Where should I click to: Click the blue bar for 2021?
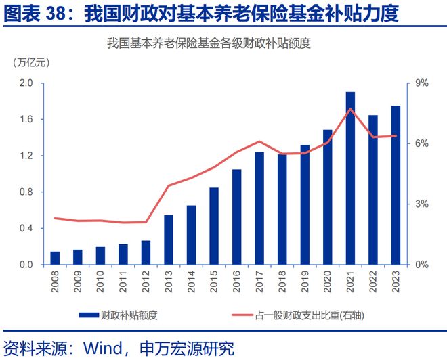pyautogui.click(x=350, y=178)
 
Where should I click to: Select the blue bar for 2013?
pyautogui.click(x=169, y=240)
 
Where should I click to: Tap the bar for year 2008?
pyautogui.click(x=55, y=258)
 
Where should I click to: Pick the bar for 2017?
pyautogui.click(x=259, y=208)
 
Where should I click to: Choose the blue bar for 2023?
pyautogui.click(x=396, y=185)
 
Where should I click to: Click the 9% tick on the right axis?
pyautogui.click(x=421, y=83)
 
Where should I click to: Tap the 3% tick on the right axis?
pyautogui.click(x=421, y=204)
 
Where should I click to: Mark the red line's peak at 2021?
pyautogui.click(x=350, y=109)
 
